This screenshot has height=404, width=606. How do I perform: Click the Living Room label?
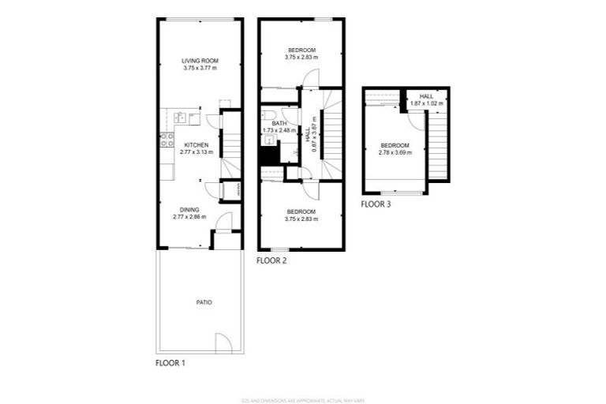pos(200,61)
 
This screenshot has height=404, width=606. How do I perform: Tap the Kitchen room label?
pos(196,145)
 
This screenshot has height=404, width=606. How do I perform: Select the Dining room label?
pos(189,209)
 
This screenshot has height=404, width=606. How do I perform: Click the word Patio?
pos(204,302)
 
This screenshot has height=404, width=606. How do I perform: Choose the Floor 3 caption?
pos(376,204)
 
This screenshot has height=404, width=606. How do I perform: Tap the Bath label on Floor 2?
pos(279,124)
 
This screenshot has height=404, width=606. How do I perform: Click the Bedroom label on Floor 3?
pos(395,145)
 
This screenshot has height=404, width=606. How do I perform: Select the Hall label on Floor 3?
pos(427,96)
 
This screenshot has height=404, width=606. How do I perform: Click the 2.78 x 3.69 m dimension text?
pos(395,151)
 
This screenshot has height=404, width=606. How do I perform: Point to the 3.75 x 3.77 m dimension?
pos(200,68)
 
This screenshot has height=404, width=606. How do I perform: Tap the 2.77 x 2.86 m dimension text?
pos(189,216)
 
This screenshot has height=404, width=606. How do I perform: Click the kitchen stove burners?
pos(167,140)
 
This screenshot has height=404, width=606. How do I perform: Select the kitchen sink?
pos(180,118)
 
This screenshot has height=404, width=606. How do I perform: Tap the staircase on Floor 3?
pos(438,146)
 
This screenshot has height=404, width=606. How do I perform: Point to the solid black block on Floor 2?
pos(269,155)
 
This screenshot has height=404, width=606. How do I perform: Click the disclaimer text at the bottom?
pos(302,399)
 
